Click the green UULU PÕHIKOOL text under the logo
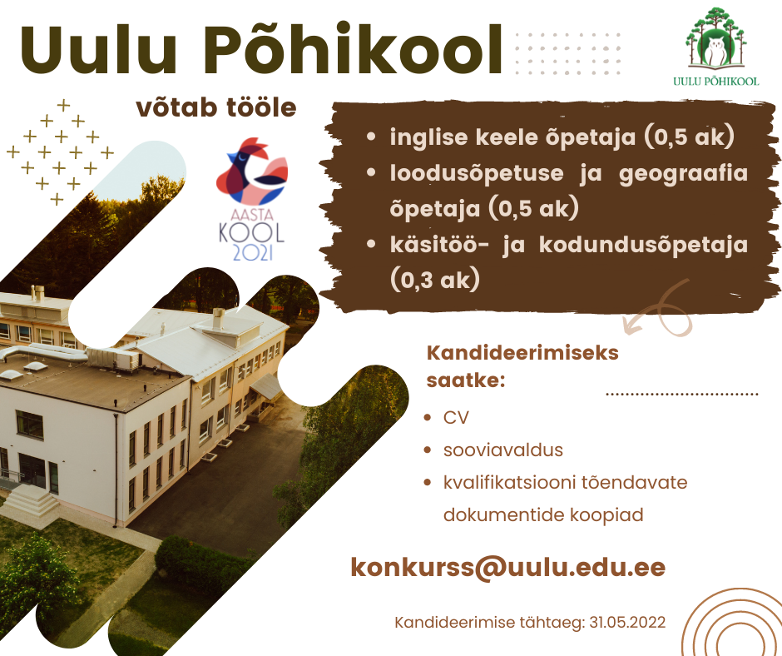[716, 81]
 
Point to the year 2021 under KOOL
[252, 252]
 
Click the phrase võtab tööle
[216, 108]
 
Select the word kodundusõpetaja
[643, 246]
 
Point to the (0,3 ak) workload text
[435, 279]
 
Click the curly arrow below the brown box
[658, 309]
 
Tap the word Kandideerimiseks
[522, 353]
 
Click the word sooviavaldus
[503, 450]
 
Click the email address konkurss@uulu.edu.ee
[508, 567]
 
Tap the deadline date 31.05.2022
[627, 623]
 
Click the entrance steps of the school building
[31, 502]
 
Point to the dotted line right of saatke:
[682, 394]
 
